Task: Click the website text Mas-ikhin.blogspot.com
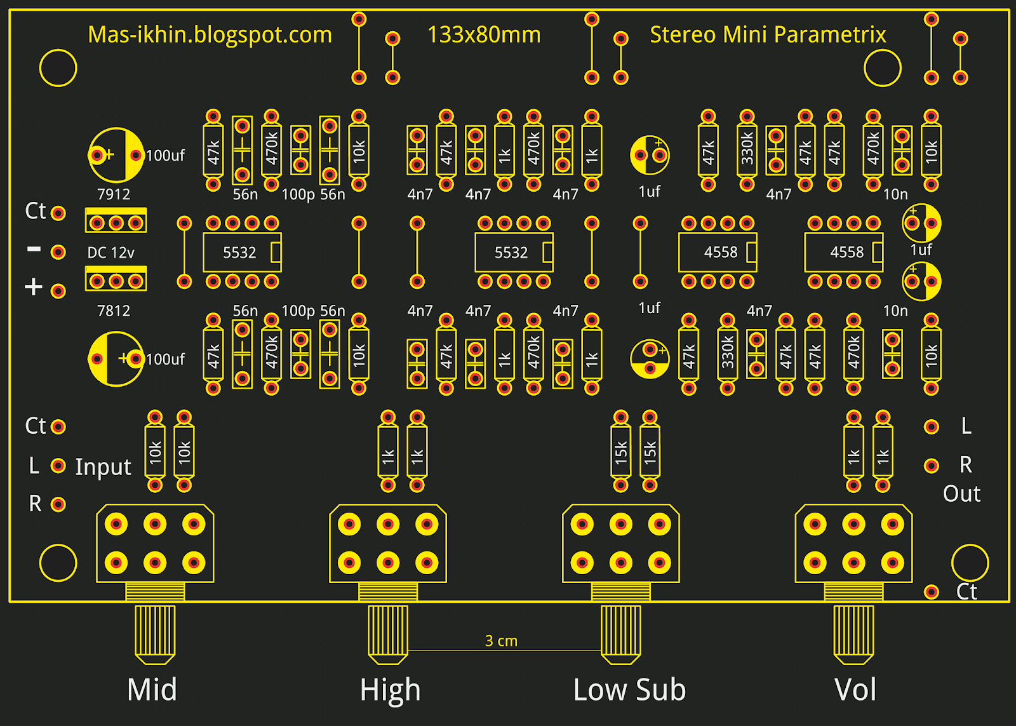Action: tap(210, 35)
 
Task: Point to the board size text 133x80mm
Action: tap(484, 35)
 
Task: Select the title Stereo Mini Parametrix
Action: tap(768, 35)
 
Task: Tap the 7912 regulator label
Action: tap(114, 194)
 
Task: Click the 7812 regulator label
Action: tap(114, 311)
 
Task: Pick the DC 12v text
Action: tap(111, 253)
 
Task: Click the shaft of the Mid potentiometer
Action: tap(155, 632)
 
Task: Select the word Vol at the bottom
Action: tap(855, 690)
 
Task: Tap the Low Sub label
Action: tap(629, 690)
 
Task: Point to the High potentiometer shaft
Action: tap(388, 632)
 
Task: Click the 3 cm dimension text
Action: tap(501, 641)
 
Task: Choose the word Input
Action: tap(103, 467)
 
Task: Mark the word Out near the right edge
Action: tap(961, 494)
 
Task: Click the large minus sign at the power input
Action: tap(34, 250)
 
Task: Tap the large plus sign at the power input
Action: tap(34, 288)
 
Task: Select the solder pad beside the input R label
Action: tap(58, 504)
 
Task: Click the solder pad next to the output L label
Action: tap(932, 426)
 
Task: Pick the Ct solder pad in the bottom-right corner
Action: tap(932, 592)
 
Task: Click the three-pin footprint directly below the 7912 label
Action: tap(116, 222)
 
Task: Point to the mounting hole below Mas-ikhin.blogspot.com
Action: tap(58, 68)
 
